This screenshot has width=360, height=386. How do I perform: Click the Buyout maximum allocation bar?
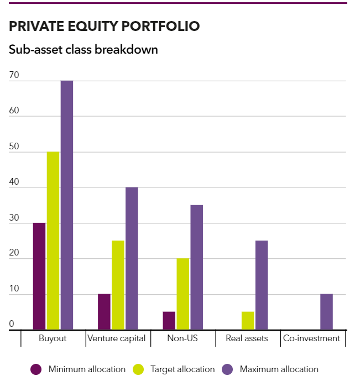pyautogui.click(x=66, y=205)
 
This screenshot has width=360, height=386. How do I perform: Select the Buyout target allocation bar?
pyautogui.click(x=53, y=241)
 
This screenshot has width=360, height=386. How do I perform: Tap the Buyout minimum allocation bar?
pyautogui.click(x=39, y=276)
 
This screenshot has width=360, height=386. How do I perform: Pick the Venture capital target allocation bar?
pyautogui.click(x=118, y=285)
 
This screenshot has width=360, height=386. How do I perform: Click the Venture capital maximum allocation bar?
pyautogui.click(x=132, y=258)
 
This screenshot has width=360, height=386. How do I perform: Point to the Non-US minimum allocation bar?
pyautogui.click(x=169, y=321)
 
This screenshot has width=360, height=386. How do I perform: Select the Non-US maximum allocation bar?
pyautogui.click(x=197, y=267)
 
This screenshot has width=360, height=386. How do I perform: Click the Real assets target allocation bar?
pyautogui.click(x=248, y=321)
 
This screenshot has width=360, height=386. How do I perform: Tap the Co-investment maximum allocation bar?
pyautogui.click(x=326, y=312)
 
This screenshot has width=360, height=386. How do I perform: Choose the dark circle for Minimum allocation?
pyautogui.click(x=36, y=369)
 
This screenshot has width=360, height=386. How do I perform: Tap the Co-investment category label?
pyautogui.click(x=311, y=338)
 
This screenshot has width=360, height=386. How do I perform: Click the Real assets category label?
pyautogui.click(x=247, y=338)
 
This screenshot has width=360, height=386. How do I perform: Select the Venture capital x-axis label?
pyautogui.click(x=117, y=338)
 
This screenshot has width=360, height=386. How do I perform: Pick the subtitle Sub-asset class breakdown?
pyautogui.click(x=84, y=49)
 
